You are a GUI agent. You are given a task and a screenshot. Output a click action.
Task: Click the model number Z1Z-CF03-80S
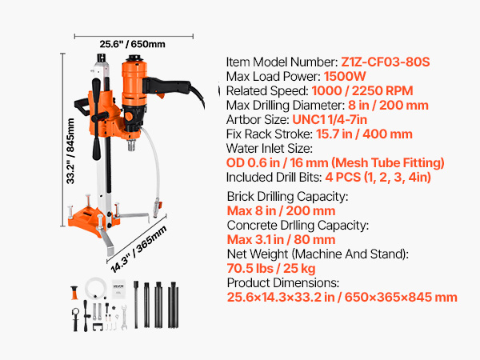pos(386,62)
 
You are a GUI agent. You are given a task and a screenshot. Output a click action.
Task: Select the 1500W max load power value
pos(345,77)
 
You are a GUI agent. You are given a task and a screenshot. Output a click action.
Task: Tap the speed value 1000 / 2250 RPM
pos(362,91)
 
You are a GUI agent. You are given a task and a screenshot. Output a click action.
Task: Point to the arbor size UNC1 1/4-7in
pos(330,120)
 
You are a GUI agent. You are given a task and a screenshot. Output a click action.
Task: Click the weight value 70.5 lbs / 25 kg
pos(271,269)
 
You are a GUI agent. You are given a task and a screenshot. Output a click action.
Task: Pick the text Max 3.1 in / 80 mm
pos(281,240)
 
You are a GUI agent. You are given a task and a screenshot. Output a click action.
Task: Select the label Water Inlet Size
pos(270,149)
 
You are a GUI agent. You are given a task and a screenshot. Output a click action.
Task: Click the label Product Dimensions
pos(283,283)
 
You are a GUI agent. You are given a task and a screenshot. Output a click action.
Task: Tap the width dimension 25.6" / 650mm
pos(132,44)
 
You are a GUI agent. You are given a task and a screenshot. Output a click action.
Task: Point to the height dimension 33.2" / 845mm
pos(70,151)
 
